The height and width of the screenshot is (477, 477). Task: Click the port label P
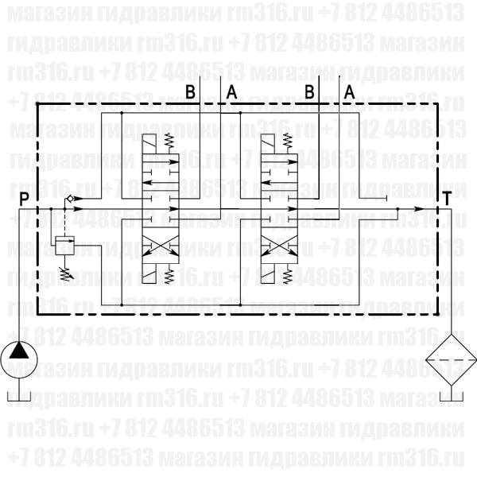pyautogui.click(x=25, y=199)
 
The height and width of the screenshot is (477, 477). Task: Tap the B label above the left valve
pyautogui.click(x=189, y=92)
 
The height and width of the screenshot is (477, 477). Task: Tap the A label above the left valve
pyautogui.click(x=231, y=92)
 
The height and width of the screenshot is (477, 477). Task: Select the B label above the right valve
pyautogui.click(x=308, y=92)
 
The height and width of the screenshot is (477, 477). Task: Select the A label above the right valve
pyautogui.click(x=349, y=92)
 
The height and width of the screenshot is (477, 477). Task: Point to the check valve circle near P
pyautogui.click(x=70, y=197)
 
